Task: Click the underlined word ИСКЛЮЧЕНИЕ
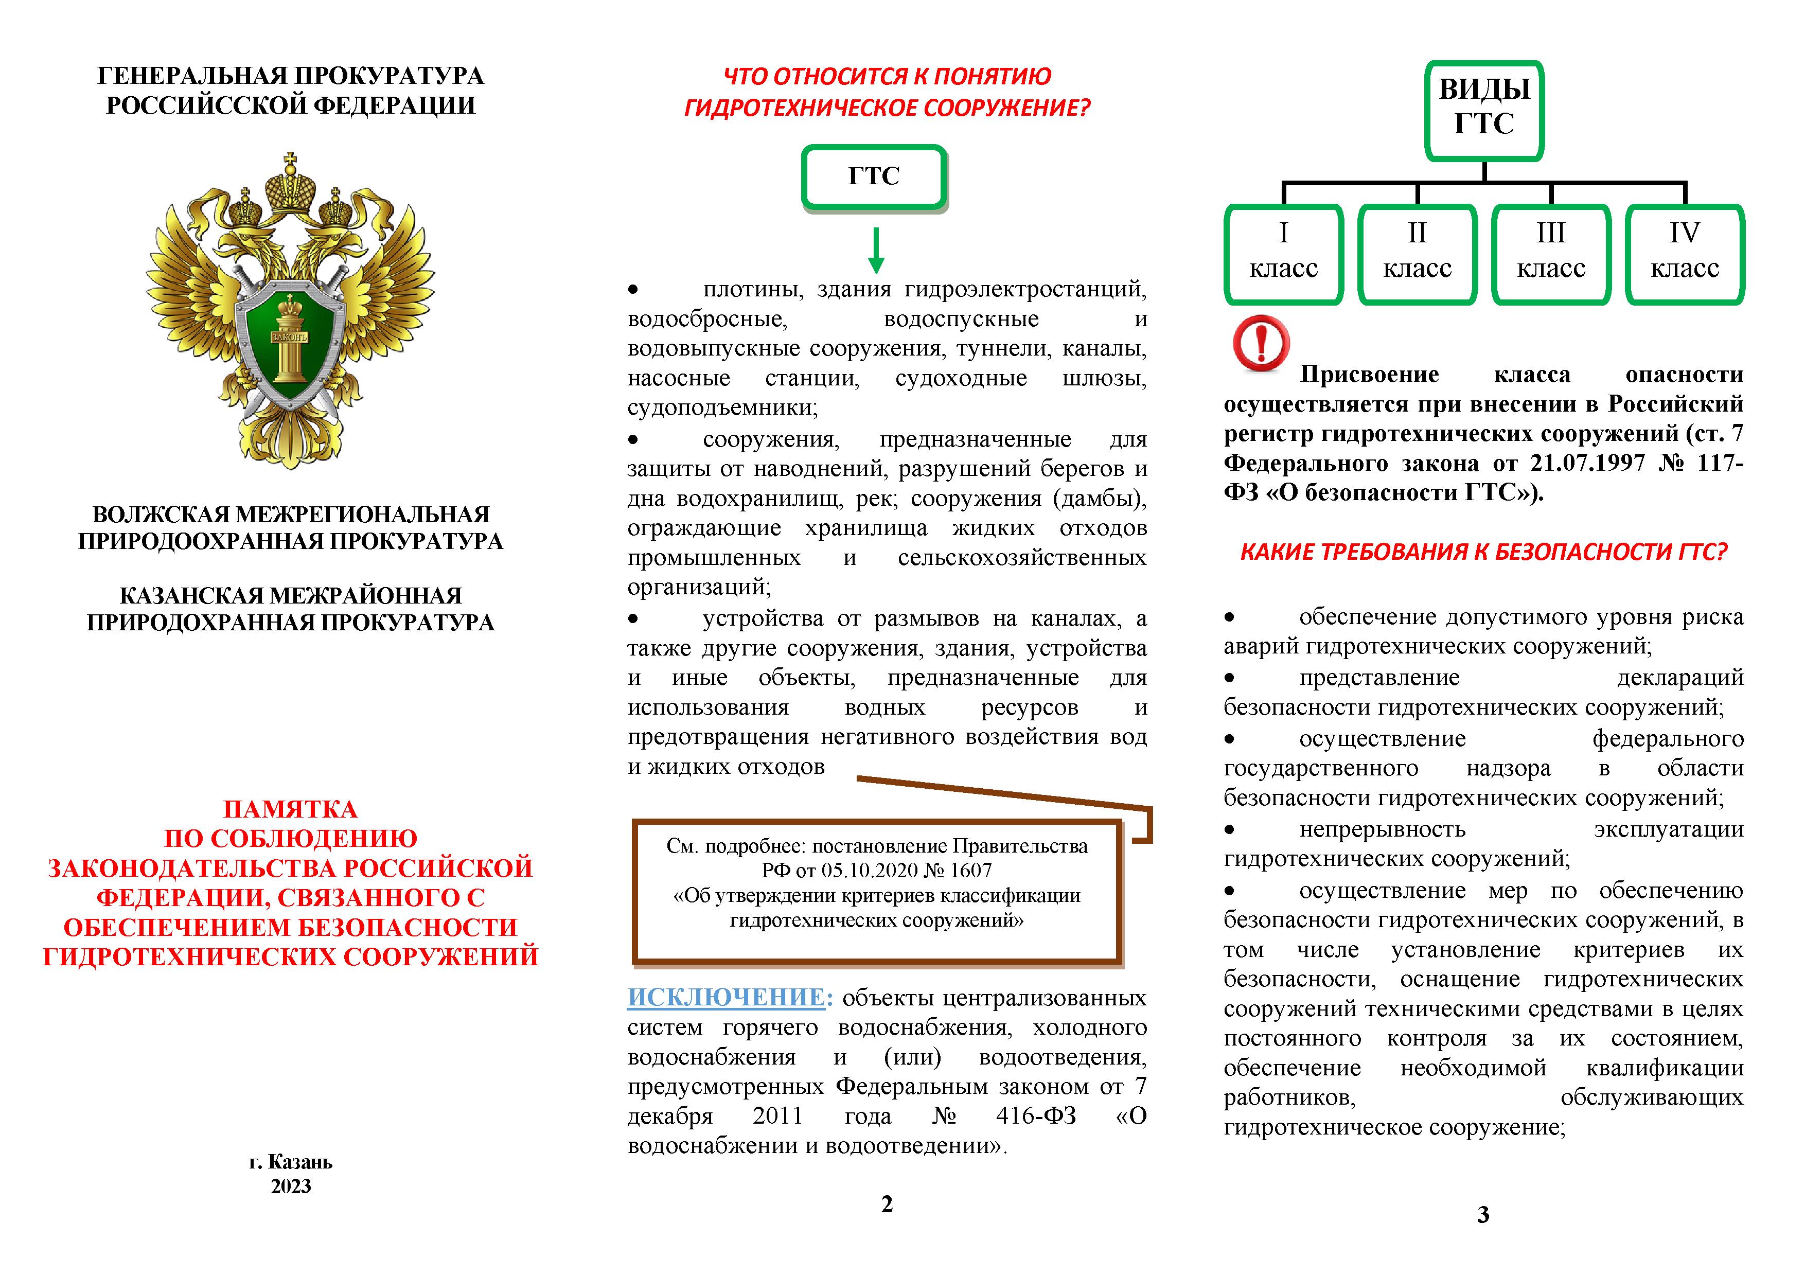[x=725, y=997]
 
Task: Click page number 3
[x=1483, y=1215]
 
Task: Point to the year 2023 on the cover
[x=291, y=1186]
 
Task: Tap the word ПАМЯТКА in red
[x=290, y=809]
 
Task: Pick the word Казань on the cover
[x=300, y=1161]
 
